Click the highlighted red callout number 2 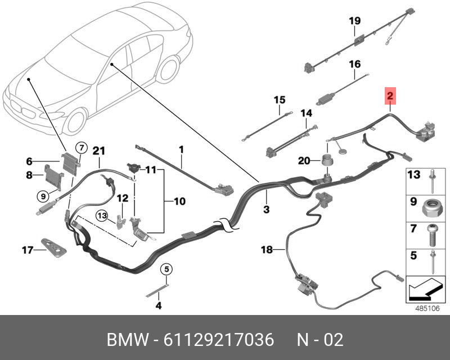tap(390, 96)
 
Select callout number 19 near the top tap(354, 21)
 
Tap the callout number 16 tap(354, 64)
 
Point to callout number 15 tap(280, 100)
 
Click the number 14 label tap(305, 114)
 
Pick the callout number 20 tap(304, 161)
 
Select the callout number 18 tap(266, 249)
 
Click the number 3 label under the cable tap(266, 210)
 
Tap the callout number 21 tap(99, 150)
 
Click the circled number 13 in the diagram tap(101, 215)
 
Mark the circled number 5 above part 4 tap(166, 269)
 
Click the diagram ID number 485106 tap(426, 308)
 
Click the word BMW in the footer tap(125, 340)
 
